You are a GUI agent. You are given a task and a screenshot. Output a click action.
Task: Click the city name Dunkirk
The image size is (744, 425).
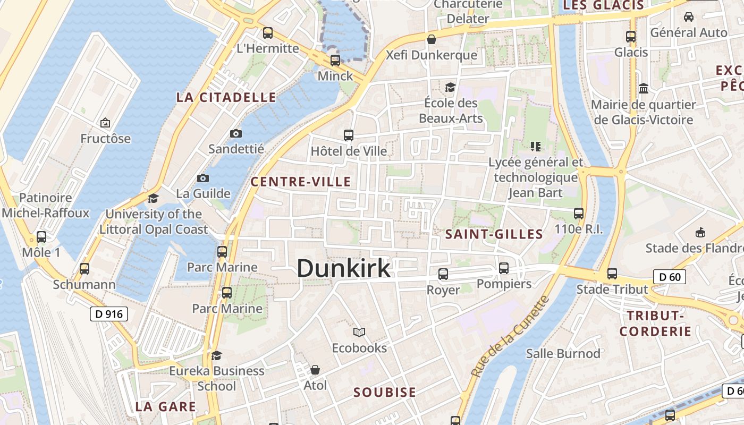(x=343, y=268)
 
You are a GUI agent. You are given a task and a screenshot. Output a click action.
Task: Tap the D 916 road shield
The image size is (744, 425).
(x=109, y=314)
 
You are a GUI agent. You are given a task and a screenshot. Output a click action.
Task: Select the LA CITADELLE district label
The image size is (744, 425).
(x=226, y=97)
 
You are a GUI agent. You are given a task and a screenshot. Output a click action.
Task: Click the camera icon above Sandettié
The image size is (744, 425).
(x=236, y=133)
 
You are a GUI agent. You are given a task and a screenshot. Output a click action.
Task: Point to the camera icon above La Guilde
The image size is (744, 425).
(x=202, y=178)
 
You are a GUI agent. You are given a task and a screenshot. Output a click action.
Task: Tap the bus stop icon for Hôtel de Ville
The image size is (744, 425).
(x=349, y=135)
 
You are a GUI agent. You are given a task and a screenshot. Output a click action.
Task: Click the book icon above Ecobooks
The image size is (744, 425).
(x=359, y=333)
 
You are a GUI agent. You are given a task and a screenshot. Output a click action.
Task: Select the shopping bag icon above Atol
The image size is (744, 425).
(x=315, y=369)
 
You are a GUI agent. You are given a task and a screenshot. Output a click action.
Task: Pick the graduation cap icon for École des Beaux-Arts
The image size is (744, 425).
(x=451, y=87)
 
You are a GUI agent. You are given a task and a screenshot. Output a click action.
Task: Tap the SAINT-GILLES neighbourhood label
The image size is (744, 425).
(x=494, y=234)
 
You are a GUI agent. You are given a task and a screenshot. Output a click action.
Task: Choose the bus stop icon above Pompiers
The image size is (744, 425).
(x=504, y=268)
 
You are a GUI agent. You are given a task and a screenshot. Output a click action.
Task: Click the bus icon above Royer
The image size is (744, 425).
(x=443, y=274)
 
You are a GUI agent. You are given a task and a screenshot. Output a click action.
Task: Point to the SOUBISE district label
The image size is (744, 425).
(x=385, y=393)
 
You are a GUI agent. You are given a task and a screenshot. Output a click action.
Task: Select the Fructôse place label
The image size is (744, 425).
(x=105, y=139)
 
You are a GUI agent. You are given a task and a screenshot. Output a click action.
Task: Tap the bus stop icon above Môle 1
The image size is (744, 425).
(x=41, y=237)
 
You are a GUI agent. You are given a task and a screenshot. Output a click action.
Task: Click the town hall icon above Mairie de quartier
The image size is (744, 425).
(x=644, y=88)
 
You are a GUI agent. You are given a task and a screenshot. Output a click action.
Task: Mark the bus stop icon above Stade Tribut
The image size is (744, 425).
(x=612, y=274)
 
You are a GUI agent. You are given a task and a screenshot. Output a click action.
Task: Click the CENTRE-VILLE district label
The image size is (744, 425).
(x=300, y=182)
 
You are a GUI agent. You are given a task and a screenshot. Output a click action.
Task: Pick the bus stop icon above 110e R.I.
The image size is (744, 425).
(x=579, y=214)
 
